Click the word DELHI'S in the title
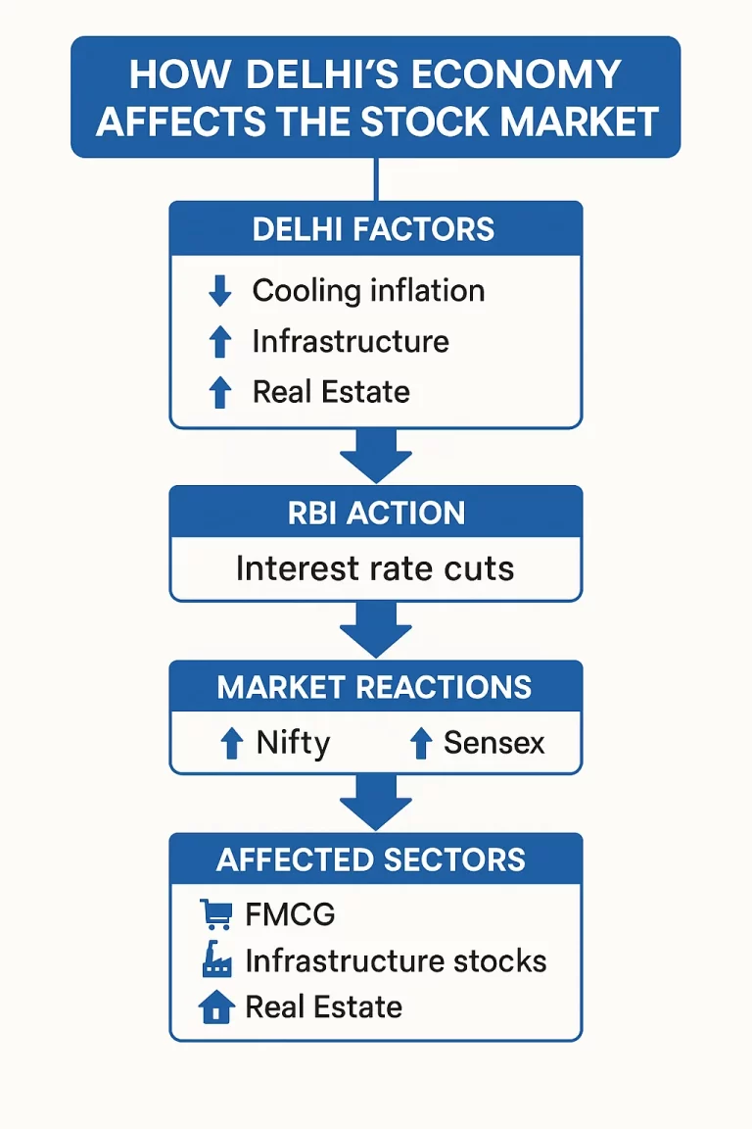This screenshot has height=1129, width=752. tap(350, 75)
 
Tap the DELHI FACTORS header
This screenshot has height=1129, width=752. tap(374, 229)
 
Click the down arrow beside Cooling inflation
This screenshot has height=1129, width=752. tap(220, 291)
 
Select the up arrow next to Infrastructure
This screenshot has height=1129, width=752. tap(220, 342)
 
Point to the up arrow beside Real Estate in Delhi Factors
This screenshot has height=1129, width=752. tap(220, 392)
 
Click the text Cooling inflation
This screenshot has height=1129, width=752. tap(368, 291)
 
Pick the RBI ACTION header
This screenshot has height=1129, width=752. tap(376, 514)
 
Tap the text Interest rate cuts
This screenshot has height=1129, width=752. tap(375, 568)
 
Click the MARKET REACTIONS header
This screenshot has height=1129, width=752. tap(374, 687)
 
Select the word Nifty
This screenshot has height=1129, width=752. tap(293, 743)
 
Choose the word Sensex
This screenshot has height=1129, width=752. tap(493, 743)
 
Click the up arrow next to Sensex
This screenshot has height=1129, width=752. tap(421, 744)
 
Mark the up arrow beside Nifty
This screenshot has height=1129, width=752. tap(231, 744)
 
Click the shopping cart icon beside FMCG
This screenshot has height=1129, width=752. tap(215, 914)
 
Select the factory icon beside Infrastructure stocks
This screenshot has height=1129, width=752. tap(216, 961)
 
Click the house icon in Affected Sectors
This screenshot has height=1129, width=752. tap(216, 1006)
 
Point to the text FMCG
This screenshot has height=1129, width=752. tap(290, 914)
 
